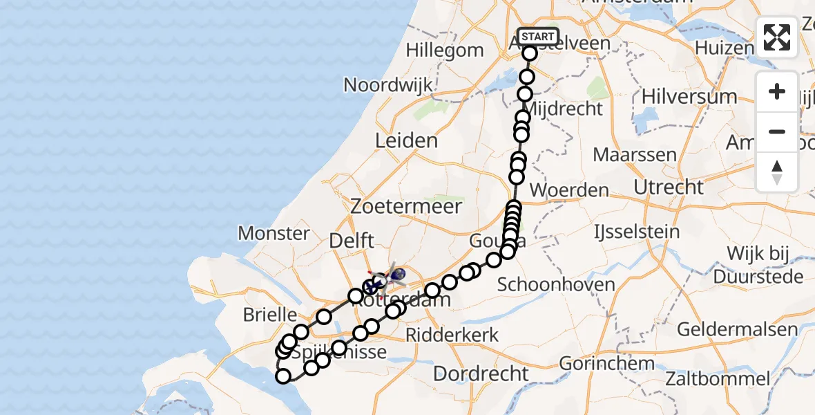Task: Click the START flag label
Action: pyautogui.click(x=537, y=37)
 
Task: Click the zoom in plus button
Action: pyautogui.click(x=777, y=92)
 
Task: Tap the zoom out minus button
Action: pyautogui.click(x=777, y=131)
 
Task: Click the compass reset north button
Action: pyautogui.click(x=777, y=172)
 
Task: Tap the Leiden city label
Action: pyautogui.click(x=406, y=141)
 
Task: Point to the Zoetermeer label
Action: pyautogui.click(x=405, y=205)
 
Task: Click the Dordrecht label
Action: pyautogui.click(x=482, y=374)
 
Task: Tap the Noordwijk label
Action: pyautogui.click(x=388, y=85)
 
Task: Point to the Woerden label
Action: pyautogui.click(x=569, y=190)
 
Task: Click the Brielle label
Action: pyautogui.click(x=269, y=315)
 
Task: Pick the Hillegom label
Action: pyautogui.click(x=445, y=50)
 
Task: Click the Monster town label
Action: pyautogui.click(x=274, y=233)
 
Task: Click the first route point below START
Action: pyautogui.click(x=530, y=54)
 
